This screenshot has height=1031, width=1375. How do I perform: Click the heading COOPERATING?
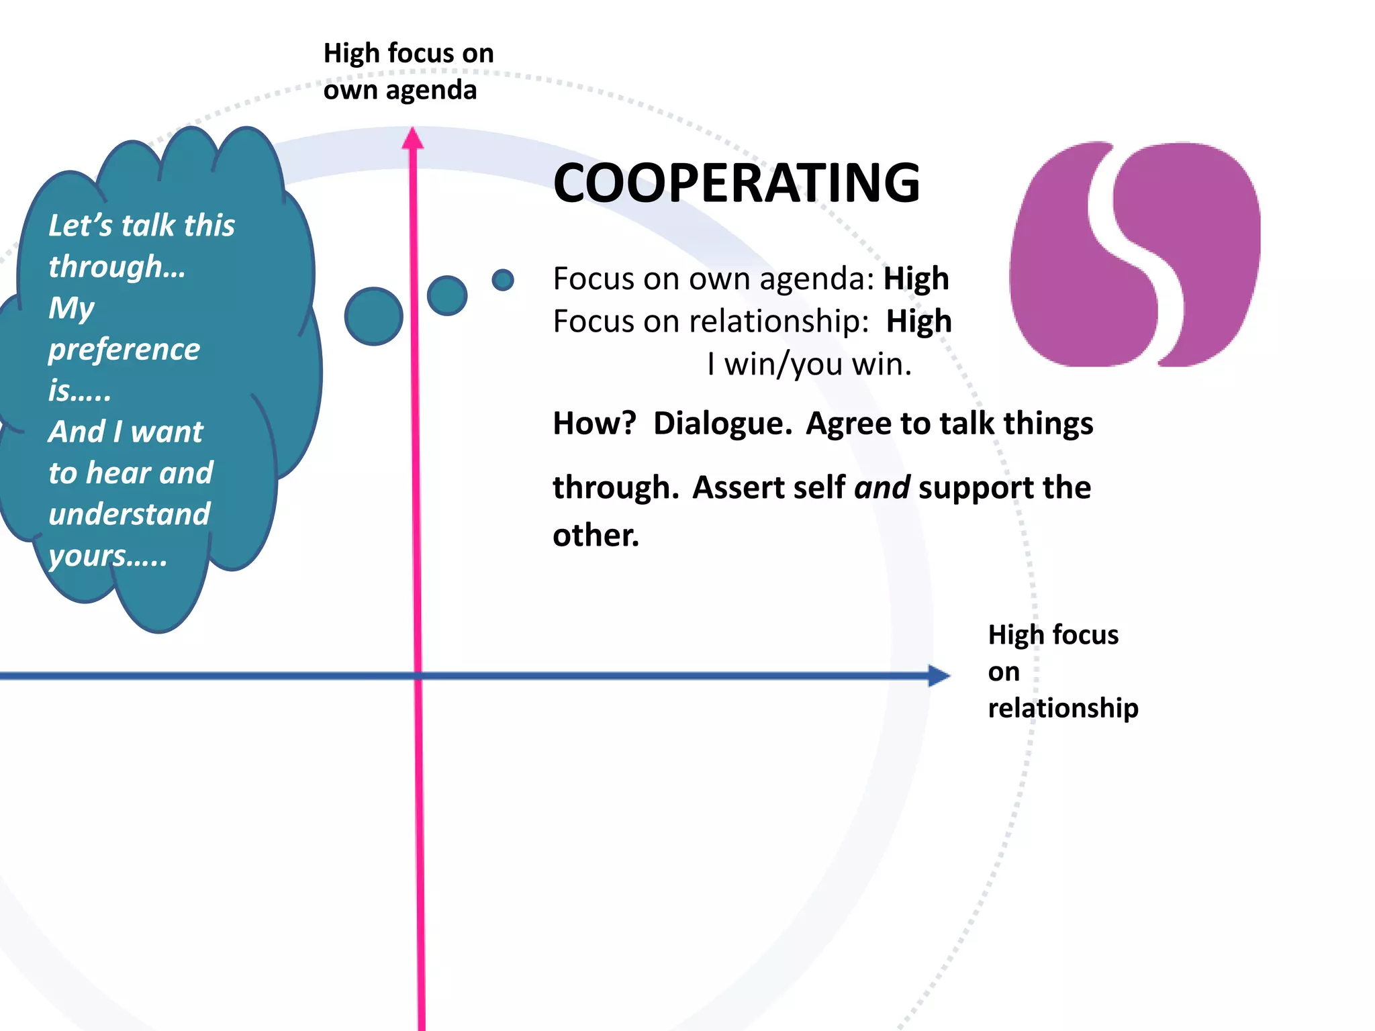[x=737, y=183]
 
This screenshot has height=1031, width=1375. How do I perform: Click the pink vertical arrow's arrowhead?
[x=413, y=138]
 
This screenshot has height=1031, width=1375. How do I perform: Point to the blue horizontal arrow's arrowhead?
[x=939, y=675]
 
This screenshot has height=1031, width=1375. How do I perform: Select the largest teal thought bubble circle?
[x=373, y=316]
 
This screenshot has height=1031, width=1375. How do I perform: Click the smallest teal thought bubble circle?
[x=503, y=280]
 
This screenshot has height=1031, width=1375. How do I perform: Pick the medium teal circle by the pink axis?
[x=447, y=295]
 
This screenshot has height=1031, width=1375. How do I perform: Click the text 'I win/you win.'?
[x=809, y=364]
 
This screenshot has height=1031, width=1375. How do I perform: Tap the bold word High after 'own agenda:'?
[x=916, y=279]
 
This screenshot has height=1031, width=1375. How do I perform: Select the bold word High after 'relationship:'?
[x=918, y=322]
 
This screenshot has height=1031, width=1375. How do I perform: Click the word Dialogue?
[x=722, y=424]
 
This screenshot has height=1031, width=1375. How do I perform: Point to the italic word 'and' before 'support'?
[x=882, y=487]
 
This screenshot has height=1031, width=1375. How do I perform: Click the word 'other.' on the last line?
[x=596, y=536]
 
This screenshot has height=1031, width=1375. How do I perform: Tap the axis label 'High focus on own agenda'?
[x=408, y=71]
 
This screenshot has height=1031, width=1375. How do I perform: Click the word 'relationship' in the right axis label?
[x=1063, y=708]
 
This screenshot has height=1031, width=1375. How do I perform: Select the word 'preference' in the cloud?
[x=124, y=349]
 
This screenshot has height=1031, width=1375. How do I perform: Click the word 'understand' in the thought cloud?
[x=130, y=514]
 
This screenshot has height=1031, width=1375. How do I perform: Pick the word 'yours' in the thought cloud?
[x=87, y=556]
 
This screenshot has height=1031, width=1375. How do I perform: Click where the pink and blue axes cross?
[x=418, y=675]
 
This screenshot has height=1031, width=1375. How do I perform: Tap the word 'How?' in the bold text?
[x=594, y=424]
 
